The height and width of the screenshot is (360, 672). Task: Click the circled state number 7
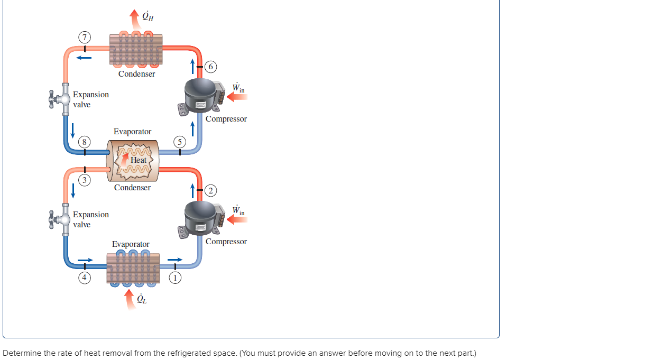(x=84, y=37)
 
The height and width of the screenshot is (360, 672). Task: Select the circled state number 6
(x=211, y=67)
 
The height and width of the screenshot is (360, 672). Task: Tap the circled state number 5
(x=180, y=142)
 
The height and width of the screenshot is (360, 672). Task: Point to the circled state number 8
(x=84, y=142)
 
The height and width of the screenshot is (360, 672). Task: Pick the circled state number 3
(x=84, y=180)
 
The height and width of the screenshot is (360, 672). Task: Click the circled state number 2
(x=211, y=190)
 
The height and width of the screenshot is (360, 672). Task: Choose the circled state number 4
(x=84, y=276)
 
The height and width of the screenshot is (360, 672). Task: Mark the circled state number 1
(x=175, y=276)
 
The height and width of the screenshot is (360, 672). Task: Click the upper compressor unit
(x=201, y=95)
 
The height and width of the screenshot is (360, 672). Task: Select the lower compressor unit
(x=201, y=218)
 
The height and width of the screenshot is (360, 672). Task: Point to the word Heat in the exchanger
(x=139, y=160)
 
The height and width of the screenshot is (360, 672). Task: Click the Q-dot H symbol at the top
(x=148, y=17)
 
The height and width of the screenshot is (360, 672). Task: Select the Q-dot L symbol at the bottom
(x=142, y=300)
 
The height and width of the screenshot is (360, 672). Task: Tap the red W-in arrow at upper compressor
(x=236, y=97)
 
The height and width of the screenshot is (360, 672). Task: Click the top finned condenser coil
(x=135, y=50)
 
